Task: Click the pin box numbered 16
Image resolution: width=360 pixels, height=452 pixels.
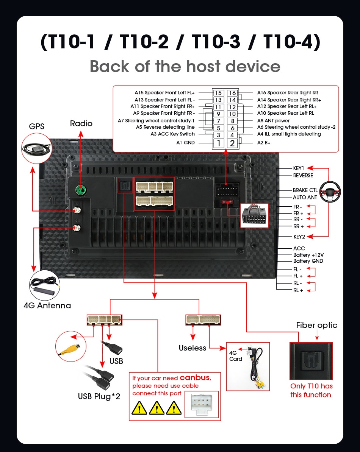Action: [232, 93]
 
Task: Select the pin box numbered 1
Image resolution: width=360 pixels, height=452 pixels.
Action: [218, 143]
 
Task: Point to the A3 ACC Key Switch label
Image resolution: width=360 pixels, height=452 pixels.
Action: [172, 134]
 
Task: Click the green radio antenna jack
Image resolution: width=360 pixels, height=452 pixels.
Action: [80, 189]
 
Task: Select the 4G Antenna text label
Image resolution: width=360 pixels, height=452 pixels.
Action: [47, 305]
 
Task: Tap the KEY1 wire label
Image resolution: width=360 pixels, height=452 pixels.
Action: [299, 168]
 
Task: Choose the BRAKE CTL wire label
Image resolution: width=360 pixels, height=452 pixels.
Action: [305, 190]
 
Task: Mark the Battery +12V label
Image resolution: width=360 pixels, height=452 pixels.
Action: [308, 255]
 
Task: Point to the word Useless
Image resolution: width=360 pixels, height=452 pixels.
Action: [193, 348]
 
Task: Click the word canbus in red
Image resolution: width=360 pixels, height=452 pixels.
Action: [194, 377]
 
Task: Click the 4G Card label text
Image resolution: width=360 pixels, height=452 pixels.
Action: [235, 356]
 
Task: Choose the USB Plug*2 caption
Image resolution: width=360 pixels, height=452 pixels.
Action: [99, 396]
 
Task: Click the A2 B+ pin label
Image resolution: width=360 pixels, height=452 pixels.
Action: [264, 143]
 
